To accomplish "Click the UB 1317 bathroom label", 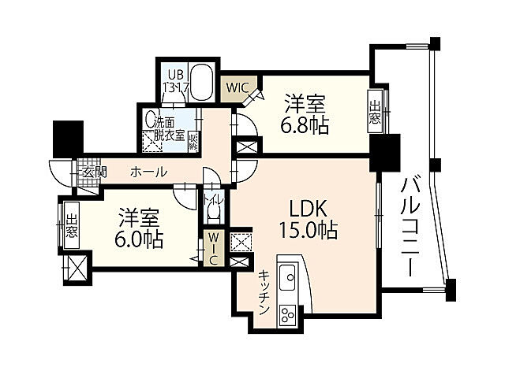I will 174,82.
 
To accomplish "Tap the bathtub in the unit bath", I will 203,81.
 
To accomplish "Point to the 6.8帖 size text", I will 306,124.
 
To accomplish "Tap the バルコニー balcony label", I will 411,224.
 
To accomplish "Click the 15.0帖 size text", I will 309,231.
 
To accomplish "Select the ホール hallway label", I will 148,172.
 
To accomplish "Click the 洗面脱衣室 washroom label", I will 169,128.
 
